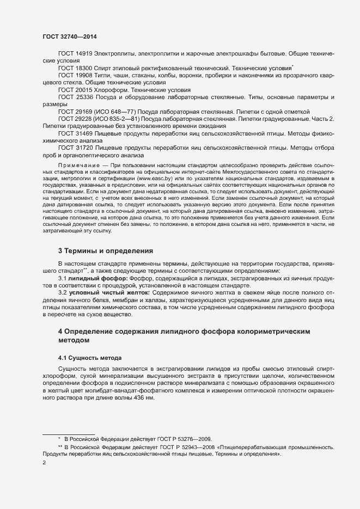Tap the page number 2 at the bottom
click(44, 463)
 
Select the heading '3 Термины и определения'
click(106, 251)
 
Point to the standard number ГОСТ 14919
click(75, 54)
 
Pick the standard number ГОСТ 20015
click(75, 89)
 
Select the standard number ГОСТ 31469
click(75, 133)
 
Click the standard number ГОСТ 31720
click(75, 147)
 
